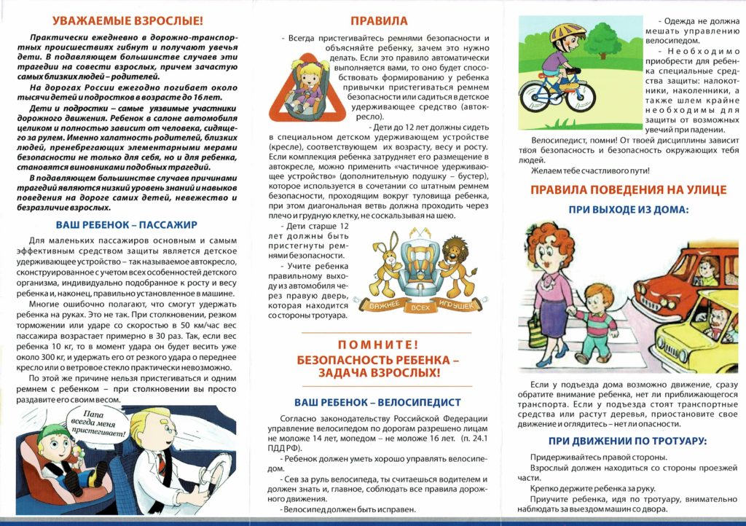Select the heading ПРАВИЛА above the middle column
[379, 20]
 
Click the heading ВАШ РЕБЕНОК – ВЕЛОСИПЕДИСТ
[377, 402]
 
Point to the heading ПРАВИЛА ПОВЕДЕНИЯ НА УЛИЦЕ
[628, 190]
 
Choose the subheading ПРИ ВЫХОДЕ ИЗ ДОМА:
[628, 209]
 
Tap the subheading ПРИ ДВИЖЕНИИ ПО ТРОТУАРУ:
[627, 441]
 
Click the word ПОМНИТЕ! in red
[377, 345]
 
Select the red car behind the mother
[667, 288]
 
